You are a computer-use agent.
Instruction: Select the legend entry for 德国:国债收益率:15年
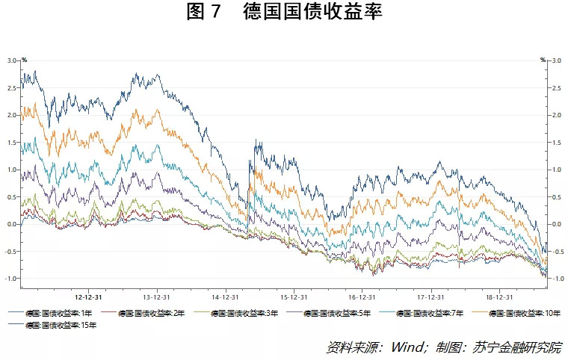point(55,325)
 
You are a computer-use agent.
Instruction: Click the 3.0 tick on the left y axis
point(11,60)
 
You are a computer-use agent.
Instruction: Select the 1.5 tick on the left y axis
point(11,143)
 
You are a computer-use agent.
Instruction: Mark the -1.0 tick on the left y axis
point(10,279)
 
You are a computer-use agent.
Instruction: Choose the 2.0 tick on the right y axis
point(556,115)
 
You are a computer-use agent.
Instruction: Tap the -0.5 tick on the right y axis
point(557,252)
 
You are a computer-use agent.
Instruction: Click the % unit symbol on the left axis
point(24,60)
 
